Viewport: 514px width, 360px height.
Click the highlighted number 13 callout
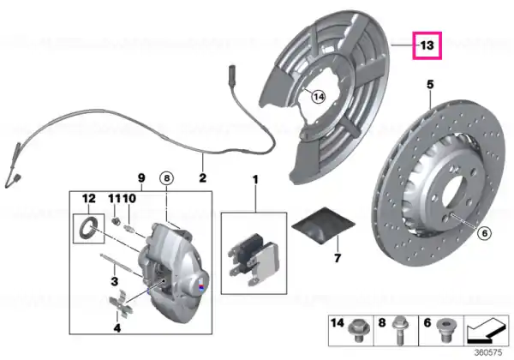coord(427,45)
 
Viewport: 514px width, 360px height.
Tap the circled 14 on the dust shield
coord(319,97)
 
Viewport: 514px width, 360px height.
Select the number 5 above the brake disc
coord(430,85)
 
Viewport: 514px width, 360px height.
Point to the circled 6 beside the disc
coord(484,233)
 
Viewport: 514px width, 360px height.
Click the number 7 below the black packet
coord(338,258)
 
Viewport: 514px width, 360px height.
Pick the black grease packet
coord(323,225)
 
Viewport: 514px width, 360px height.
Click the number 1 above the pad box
coord(255,180)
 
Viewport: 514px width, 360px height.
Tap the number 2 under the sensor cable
coord(202,177)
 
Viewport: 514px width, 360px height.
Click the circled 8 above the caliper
coord(166,178)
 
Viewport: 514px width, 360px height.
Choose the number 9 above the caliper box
coord(141,178)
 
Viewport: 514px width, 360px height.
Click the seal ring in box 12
coord(88,228)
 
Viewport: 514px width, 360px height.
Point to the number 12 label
coord(89,198)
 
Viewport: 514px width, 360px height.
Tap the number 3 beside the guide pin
coord(115,281)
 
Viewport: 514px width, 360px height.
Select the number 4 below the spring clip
coord(117,327)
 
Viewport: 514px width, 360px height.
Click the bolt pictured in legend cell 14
coord(359,330)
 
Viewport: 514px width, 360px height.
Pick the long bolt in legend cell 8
coord(399,329)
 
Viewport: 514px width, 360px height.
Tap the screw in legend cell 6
coord(444,331)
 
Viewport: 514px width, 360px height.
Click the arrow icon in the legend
coord(487,331)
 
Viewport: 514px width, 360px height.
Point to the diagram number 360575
coord(488,353)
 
